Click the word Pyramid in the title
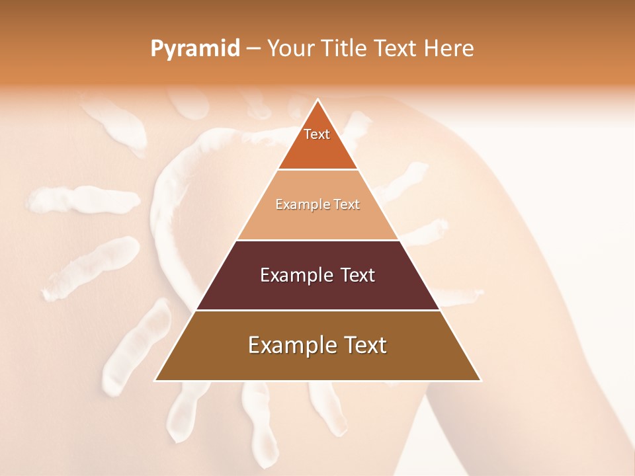(195, 49)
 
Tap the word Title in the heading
(343, 49)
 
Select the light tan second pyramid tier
(317, 221)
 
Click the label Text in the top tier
(317, 134)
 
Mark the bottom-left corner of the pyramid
(155, 380)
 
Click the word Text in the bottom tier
(363, 345)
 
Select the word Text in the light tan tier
(347, 205)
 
